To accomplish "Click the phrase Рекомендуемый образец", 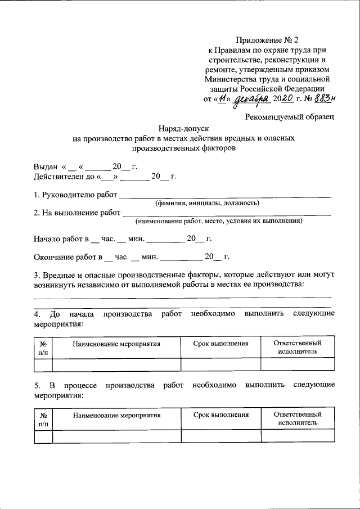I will tap(290, 117).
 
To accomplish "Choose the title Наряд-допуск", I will tap(180, 128).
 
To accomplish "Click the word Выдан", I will tap(46, 168).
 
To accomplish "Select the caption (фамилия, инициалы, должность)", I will tap(207, 203).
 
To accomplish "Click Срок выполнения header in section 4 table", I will tap(220, 343).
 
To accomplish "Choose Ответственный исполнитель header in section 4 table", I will tap(297, 347).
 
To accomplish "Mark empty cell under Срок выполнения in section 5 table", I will tap(220, 436).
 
